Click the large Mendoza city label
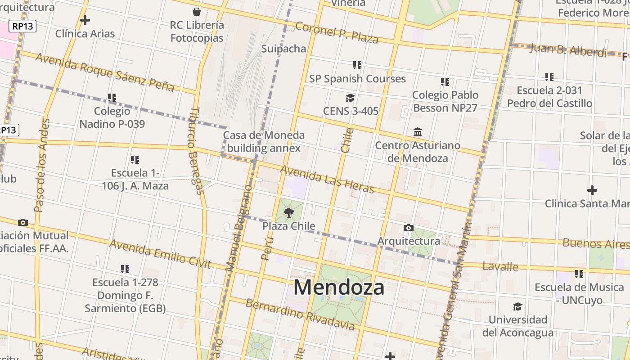[x=339, y=288]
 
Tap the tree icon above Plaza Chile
[x=289, y=212]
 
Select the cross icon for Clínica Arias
[x=85, y=20]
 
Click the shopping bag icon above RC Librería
[x=197, y=11]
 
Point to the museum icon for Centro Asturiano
[x=418, y=132]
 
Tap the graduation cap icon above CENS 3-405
[x=350, y=98]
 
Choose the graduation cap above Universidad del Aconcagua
[x=518, y=307]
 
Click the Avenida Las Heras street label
[x=327, y=179]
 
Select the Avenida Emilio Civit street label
[x=160, y=254]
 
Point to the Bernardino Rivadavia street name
[x=300, y=315]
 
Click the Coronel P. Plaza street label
[x=337, y=31]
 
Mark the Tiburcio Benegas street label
[x=196, y=151]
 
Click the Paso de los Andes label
[x=42, y=165]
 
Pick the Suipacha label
[x=283, y=49]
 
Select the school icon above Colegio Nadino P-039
[x=112, y=98]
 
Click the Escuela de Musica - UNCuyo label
[x=579, y=294]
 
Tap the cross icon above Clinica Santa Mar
[x=592, y=190]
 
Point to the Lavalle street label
[x=500, y=266]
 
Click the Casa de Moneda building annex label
[x=264, y=142]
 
